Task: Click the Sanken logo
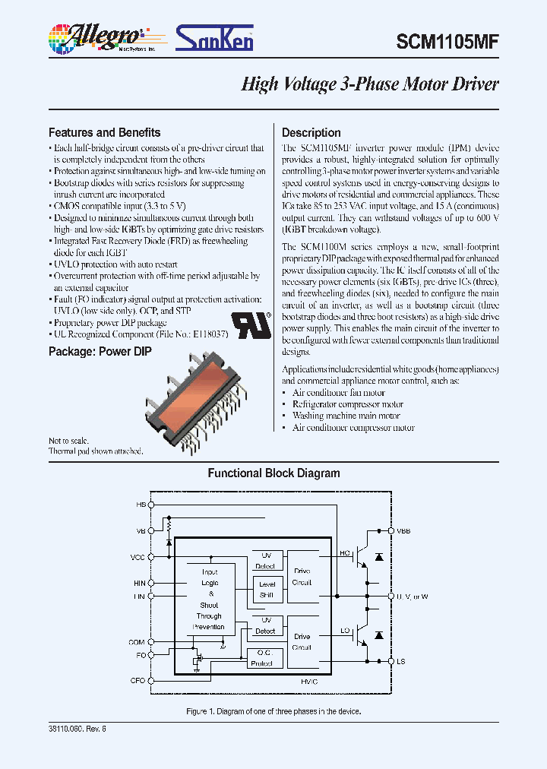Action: (215, 36)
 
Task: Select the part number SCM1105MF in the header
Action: (447, 43)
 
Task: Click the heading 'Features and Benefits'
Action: (104, 132)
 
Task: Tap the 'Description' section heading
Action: (311, 132)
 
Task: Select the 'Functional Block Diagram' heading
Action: (273, 473)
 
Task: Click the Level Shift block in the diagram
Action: (266, 590)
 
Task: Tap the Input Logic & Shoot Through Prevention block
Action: (209, 600)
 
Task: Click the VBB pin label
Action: (403, 531)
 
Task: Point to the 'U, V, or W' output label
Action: (413, 597)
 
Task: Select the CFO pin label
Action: (138, 681)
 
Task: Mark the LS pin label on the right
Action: (400, 662)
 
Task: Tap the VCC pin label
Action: (138, 557)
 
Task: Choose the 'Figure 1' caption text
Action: (273, 712)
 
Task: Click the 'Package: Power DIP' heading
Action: (100, 352)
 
